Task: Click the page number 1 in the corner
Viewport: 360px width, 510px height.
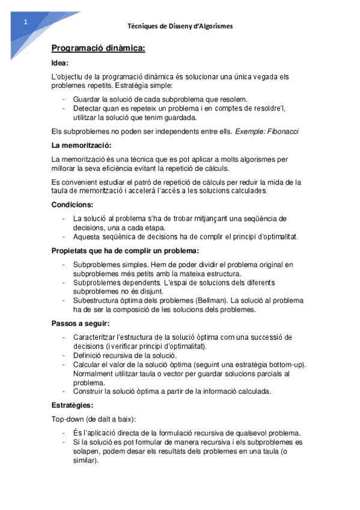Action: coord(25,22)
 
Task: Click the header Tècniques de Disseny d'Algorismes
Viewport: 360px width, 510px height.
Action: coord(180,26)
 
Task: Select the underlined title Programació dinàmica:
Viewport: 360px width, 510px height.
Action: coord(98,48)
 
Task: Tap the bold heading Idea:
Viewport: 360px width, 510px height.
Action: coord(60,63)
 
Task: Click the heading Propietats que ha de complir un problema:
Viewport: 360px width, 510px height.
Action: coord(125,250)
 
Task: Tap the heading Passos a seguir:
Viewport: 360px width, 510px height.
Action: coord(80,324)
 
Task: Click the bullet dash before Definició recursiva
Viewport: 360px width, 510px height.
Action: coord(64,355)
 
